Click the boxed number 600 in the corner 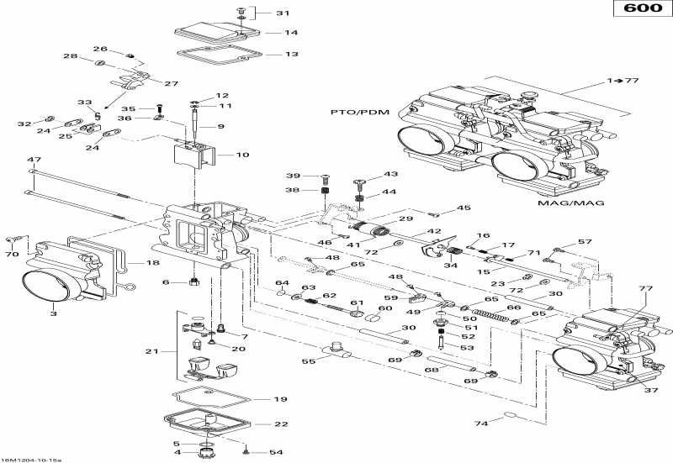(641, 10)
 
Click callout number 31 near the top (282, 13)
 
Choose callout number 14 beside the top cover (291, 34)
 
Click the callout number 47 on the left (34, 160)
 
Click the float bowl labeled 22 (206, 425)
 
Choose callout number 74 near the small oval (480, 424)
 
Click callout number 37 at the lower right (649, 389)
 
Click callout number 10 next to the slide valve (242, 155)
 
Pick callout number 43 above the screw (367, 174)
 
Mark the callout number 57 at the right (585, 242)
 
